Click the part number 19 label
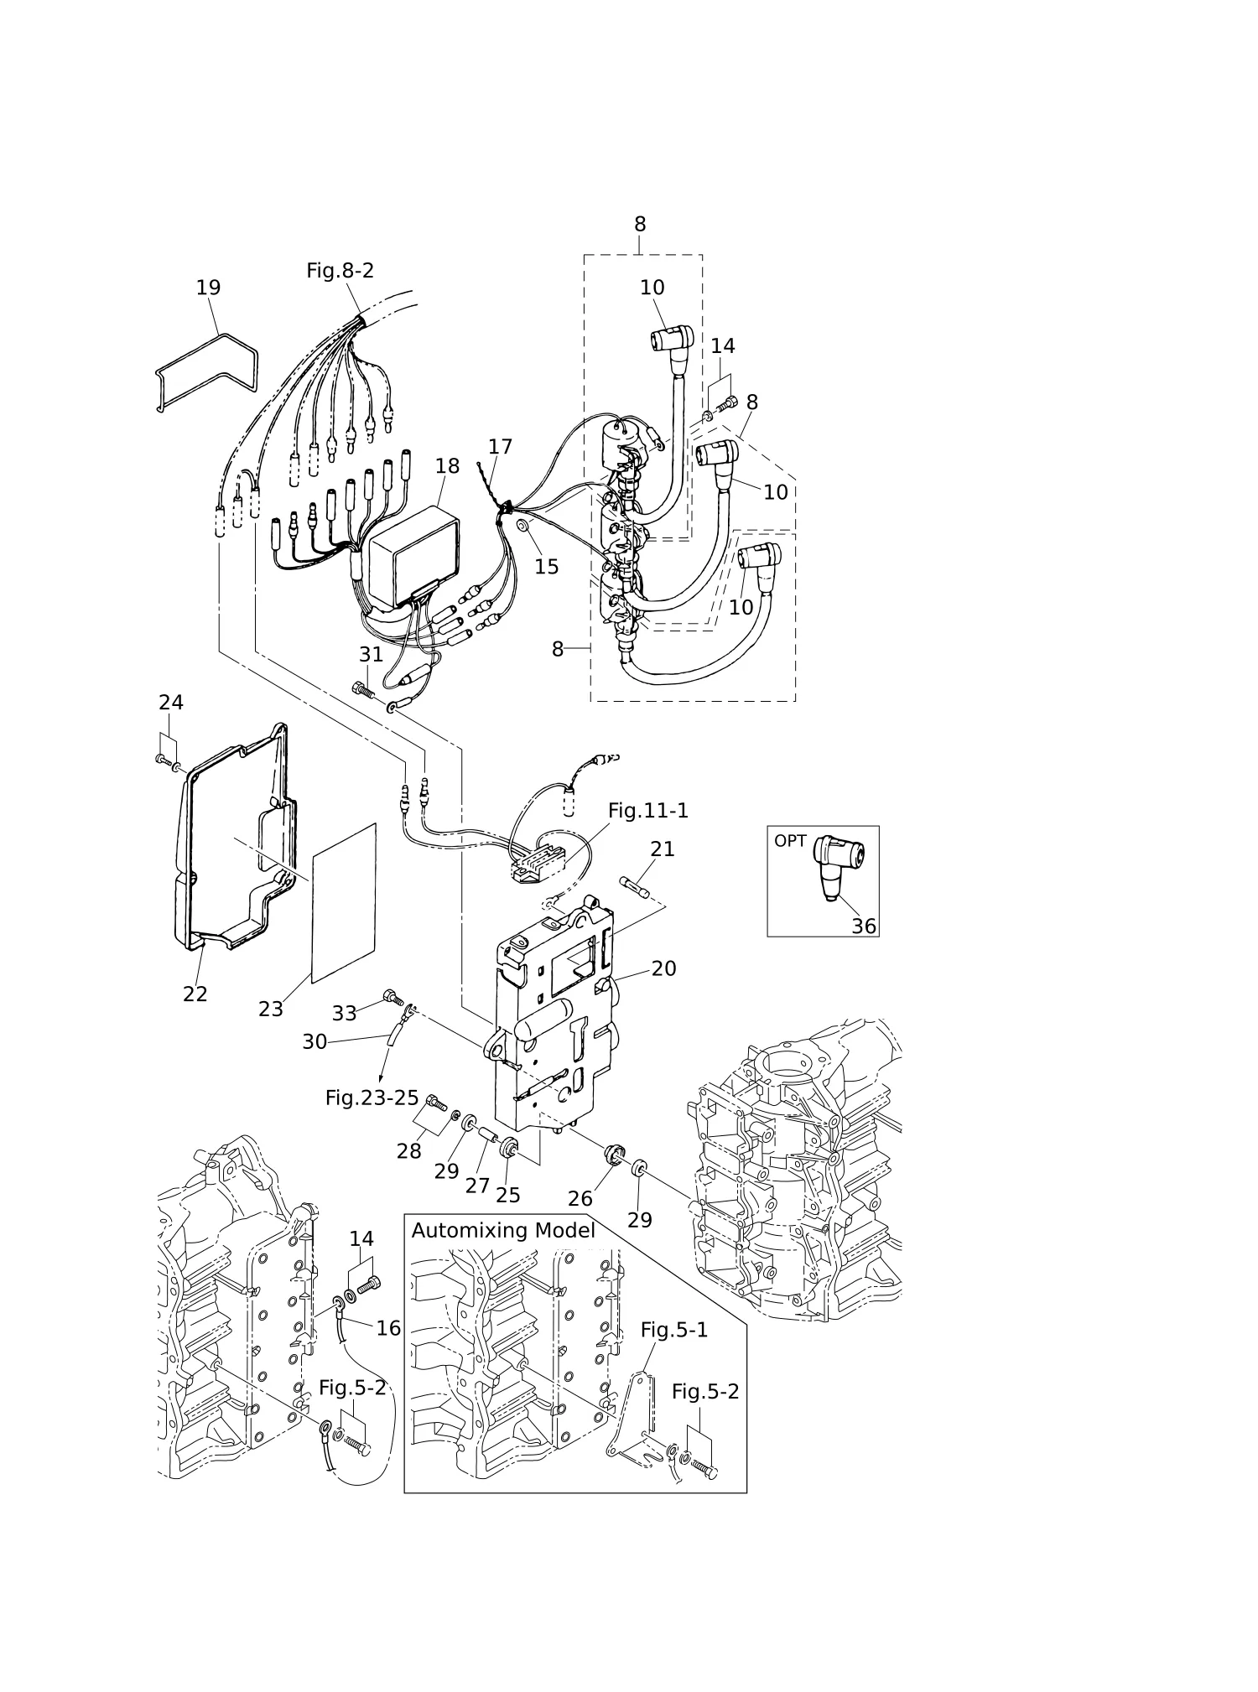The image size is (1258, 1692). (208, 288)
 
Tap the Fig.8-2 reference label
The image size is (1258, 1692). (340, 271)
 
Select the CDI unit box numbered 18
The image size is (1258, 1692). (413, 554)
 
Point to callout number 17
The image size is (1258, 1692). (500, 447)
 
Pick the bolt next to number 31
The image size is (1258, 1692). (362, 689)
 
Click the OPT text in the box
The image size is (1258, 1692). (790, 841)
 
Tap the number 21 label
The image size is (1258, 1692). (663, 849)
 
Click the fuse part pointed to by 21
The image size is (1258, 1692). (634, 888)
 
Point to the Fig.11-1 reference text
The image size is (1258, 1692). (647, 811)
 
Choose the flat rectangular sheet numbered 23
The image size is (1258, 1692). (344, 903)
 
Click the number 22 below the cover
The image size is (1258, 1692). (195, 994)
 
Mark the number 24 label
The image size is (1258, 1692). (171, 703)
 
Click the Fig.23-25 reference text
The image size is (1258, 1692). (372, 1098)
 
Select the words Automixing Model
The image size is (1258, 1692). (503, 1230)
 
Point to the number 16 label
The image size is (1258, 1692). (388, 1328)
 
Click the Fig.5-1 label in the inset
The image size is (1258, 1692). (674, 1331)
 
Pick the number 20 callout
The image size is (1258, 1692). (663, 968)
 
